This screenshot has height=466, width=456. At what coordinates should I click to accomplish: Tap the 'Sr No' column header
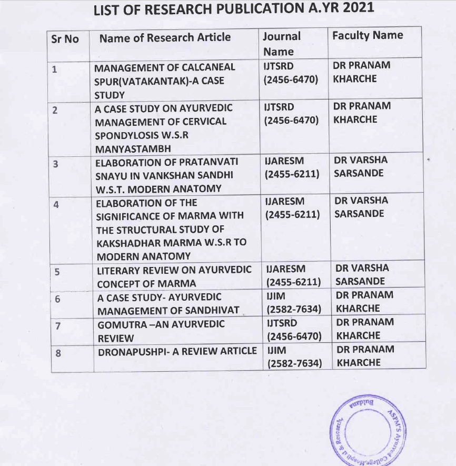pyautogui.click(x=65, y=39)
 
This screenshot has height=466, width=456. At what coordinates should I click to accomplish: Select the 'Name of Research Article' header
pyautogui.click(x=165, y=37)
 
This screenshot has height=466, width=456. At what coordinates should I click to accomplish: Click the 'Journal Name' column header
pyautogui.click(x=282, y=44)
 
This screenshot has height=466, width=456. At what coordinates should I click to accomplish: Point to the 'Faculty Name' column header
pyautogui.click(x=368, y=35)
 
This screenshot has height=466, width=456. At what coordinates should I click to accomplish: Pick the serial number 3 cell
pyautogui.click(x=56, y=164)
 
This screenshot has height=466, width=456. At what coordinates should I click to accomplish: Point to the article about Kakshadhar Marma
pyautogui.click(x=170, y=230)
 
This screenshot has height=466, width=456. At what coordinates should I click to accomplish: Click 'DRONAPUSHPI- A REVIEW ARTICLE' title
pyautogui.click(x=177, y=351)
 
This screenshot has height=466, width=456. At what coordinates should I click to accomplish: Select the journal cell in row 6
pyautogui.click(x=294, y=302)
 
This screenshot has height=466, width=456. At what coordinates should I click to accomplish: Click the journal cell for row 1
pyautogui.click(x=291, y=73)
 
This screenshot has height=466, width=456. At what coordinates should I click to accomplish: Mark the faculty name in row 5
pyautogui.click(x=362, y=274)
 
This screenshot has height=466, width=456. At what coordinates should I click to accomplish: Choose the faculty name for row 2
pyautogui.click(x=362, y=113)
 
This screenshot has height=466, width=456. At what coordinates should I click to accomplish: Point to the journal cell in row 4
pyautogui.click(x=292, y=207)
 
